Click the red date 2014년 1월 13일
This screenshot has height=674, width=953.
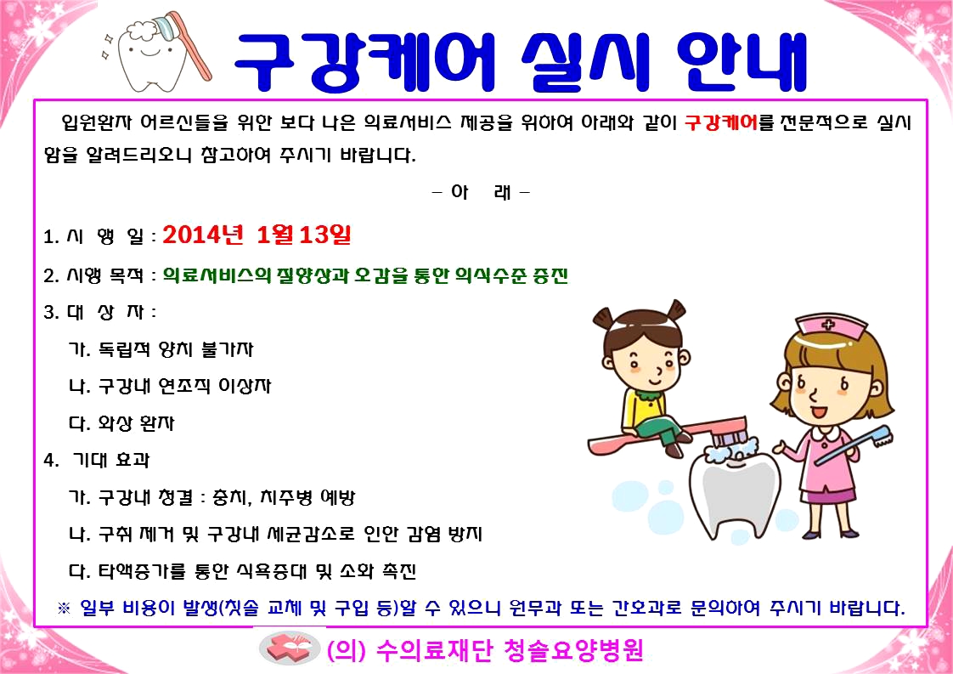coord(257,235)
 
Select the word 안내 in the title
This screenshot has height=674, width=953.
coord(742,61)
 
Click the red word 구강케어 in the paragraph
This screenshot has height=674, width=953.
coord(721,123)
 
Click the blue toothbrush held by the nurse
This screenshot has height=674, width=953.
coord(854,445)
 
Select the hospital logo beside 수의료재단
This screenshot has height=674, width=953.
coord(290,649)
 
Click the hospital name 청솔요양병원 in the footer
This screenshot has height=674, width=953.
coord(573,650)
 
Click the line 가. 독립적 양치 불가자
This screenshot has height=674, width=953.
coord(161,349)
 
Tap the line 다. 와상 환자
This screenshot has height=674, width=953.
coord(121,422)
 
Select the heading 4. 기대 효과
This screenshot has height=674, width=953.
coord(97,460)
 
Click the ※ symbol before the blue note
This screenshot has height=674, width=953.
coord(64,608)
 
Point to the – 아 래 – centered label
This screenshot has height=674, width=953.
coord(481,192)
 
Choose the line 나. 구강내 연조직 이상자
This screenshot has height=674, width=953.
coord(170,386)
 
